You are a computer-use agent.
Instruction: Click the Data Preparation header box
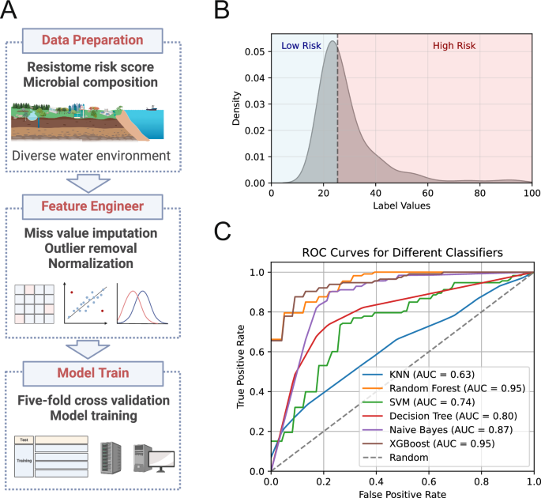pyautogui.click(x=92, y=41)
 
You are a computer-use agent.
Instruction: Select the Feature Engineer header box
pyautogui.click(x=92, y=207)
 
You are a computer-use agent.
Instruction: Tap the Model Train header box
pyautogui.click(x=93, y=374)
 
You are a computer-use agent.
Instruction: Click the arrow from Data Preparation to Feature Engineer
pyautogui.click(x=88, y=183)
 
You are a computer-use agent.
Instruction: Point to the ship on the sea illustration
pyautogui.click(x=152, y=108)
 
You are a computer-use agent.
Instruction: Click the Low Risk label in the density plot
pyautogui.click(x=301, y=46)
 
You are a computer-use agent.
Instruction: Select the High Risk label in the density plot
pyautogui.click(x=454, y=46)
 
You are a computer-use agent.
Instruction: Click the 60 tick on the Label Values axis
pyautogui.click(x=428, y=193)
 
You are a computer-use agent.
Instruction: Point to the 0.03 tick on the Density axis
pyautogui.click(x=255, y=104)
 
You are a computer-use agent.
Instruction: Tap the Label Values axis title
pyautogui.click(x=402, y=206)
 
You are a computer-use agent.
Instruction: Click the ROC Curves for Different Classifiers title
pyautogui.click(x=402, y=253)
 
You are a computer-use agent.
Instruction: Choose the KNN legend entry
pyautogui.click(x=419, y=375)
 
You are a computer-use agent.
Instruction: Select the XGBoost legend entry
pyautogui.click(x=429, y=443)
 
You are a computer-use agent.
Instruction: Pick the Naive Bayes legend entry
pyautogui.click(x=438, y=429)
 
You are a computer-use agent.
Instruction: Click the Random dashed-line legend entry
pyautogui.click(x=396, y=458)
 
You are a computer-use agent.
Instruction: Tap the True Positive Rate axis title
pyautogui.click(x=240, y=367)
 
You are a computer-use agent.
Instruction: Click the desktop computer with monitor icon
pyautogui.click(x=154, y=458)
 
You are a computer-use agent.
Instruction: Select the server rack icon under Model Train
pyautogui.click(x=111, y=458)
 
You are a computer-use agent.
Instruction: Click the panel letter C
pyautogui.click(x=222, y=231)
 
